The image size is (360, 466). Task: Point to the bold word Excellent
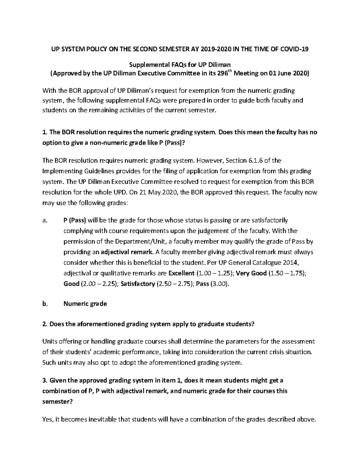[181, 273]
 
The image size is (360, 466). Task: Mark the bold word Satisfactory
[138, 284]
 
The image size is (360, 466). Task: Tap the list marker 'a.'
[45, 221]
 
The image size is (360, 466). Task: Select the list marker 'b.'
[45, 304]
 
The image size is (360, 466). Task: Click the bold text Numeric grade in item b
[85, 304]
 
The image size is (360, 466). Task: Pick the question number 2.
[45, 324]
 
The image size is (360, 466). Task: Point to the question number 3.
[45, 380]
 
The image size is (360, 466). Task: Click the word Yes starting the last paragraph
[48, 419]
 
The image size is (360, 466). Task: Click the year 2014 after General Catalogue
[291, 263]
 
